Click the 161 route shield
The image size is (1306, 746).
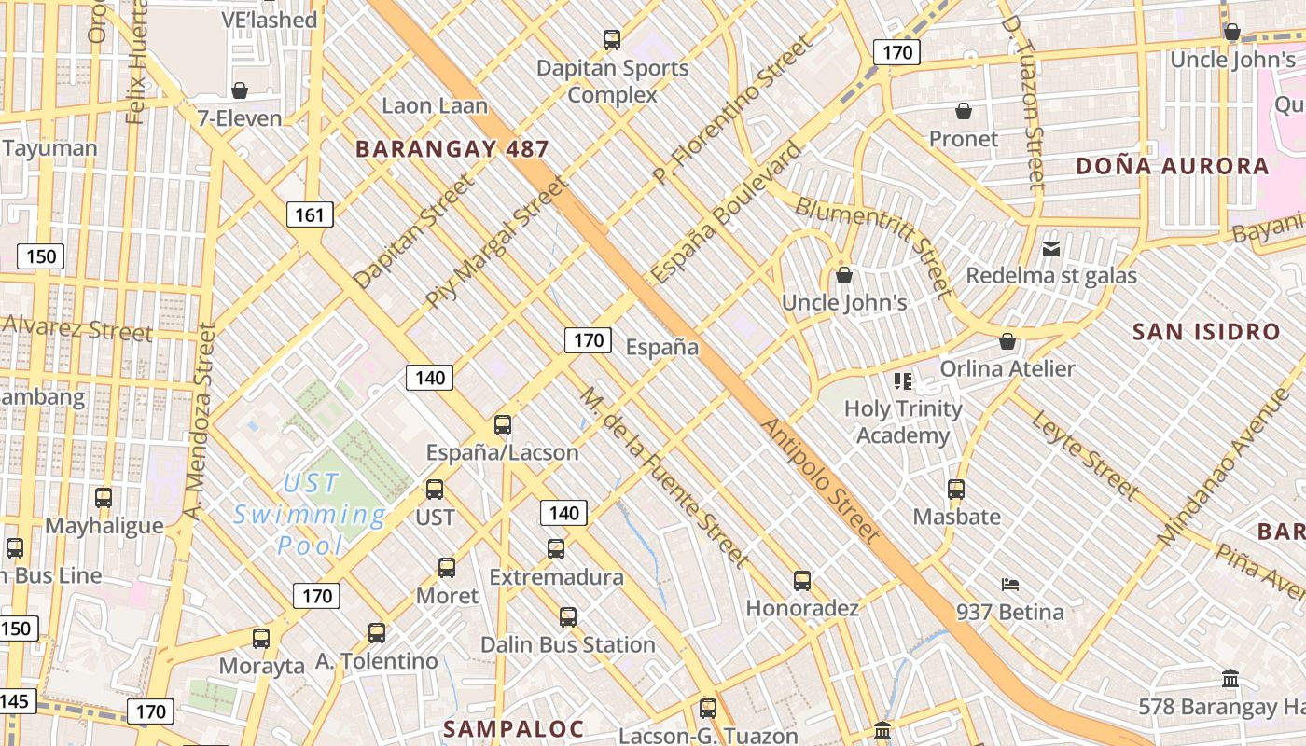[309, 215]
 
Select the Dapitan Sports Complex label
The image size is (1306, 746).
[612, 81]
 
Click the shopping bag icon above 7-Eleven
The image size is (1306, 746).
[240, 90]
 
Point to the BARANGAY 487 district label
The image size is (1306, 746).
[452, 148]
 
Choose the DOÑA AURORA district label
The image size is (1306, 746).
[1173, 166]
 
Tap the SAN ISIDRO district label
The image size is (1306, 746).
[1206, 331]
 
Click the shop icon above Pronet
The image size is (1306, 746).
[964, 112]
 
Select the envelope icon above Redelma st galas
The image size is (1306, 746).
[1051, 248]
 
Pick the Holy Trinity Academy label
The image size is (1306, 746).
[903, 421]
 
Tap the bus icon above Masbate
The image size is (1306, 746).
[956, 489]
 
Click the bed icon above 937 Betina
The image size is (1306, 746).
[1009, 585]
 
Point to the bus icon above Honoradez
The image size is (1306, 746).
[802, 581]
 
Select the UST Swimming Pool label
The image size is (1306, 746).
[310, 514]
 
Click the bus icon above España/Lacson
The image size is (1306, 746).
[503, 425]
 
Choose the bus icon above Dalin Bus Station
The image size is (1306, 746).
[568, 616]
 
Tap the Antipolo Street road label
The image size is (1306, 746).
[821, 480]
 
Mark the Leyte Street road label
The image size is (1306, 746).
[1086, 454]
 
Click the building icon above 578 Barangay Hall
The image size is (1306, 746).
[1230, 679]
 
